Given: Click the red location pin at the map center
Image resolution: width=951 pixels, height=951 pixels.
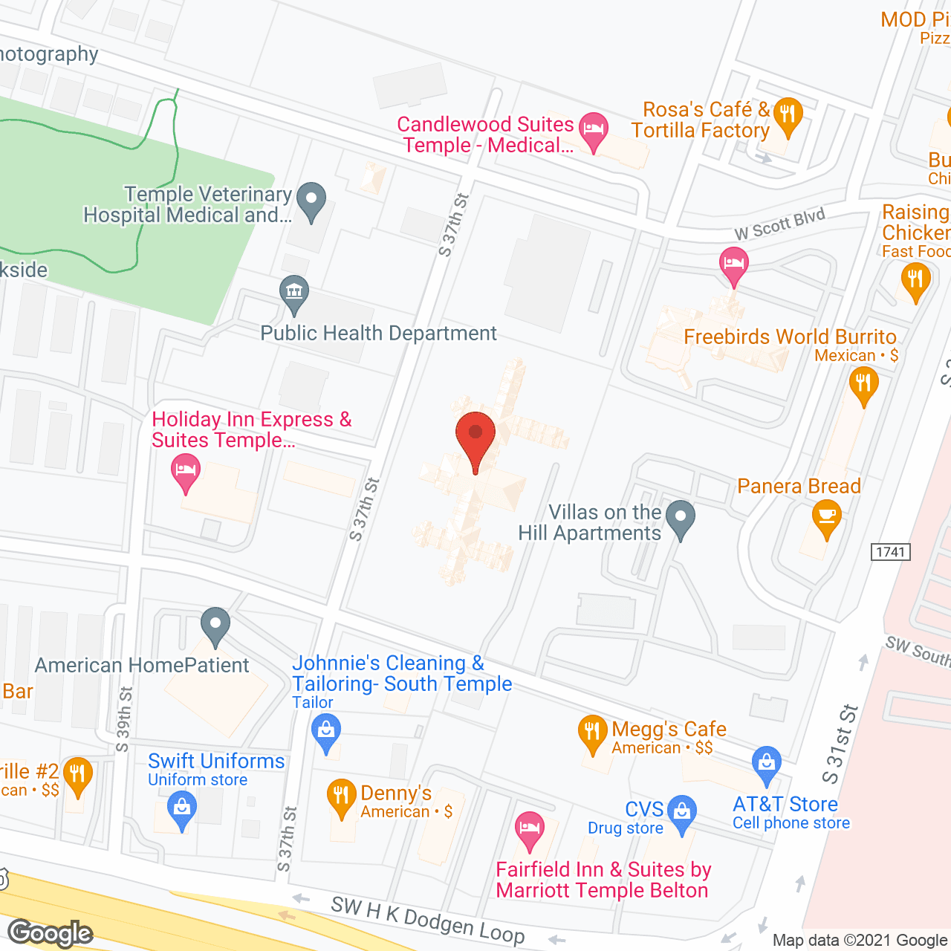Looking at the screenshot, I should [x=475, y=435].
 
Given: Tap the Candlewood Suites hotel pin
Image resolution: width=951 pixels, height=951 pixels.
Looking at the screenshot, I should [x=593, y=129].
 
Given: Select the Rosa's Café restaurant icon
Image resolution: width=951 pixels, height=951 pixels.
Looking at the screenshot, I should [x=787, y=115].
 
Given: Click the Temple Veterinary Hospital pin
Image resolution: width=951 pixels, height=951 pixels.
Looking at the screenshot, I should [x=311, y=200].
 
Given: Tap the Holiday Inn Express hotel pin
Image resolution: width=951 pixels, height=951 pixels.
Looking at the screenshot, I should [x=185, y=471].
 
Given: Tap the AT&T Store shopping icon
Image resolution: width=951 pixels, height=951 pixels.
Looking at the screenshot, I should [x=766, y=763].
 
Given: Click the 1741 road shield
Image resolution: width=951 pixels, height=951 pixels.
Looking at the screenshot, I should [x=890, y=552].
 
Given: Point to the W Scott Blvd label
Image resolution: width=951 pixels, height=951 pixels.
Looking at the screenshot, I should [x=779, y=224].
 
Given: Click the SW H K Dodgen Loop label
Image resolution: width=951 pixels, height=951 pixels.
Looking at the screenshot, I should [x=427, y=920].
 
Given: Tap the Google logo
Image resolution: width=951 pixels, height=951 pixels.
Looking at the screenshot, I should [x=51, y=933].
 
